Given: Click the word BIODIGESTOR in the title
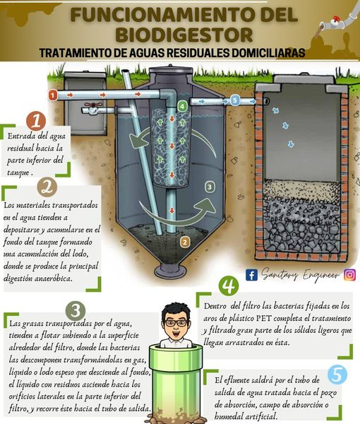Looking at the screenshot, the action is (x=185, y=35).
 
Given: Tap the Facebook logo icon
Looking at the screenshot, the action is (x=251, y=275).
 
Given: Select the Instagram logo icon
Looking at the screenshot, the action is (x=349, y=275).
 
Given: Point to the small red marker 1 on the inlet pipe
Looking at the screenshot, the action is (x=52, y=95).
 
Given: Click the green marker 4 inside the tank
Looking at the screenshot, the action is (x=182, y=106).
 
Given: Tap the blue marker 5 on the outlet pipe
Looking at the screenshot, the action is (x=234, y=100).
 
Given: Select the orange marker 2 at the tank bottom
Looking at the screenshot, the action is (x=185, y=242).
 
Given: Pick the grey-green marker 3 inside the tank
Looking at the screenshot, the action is (x=210, y=187).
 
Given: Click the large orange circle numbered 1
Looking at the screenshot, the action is (x=36, y=121).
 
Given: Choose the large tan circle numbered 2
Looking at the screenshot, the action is (x=47, y=187).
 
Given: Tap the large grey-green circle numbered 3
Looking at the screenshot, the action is (x=76, y=311).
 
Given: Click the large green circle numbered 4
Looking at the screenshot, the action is (x=229, y=285).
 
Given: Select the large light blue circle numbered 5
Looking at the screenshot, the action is (x=337, y=375).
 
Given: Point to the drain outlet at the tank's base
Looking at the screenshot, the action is (x=170, y=271).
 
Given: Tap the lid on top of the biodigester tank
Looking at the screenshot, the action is (x=170, y=69).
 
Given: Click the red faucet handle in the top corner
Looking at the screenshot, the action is (x=336, y=19).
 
